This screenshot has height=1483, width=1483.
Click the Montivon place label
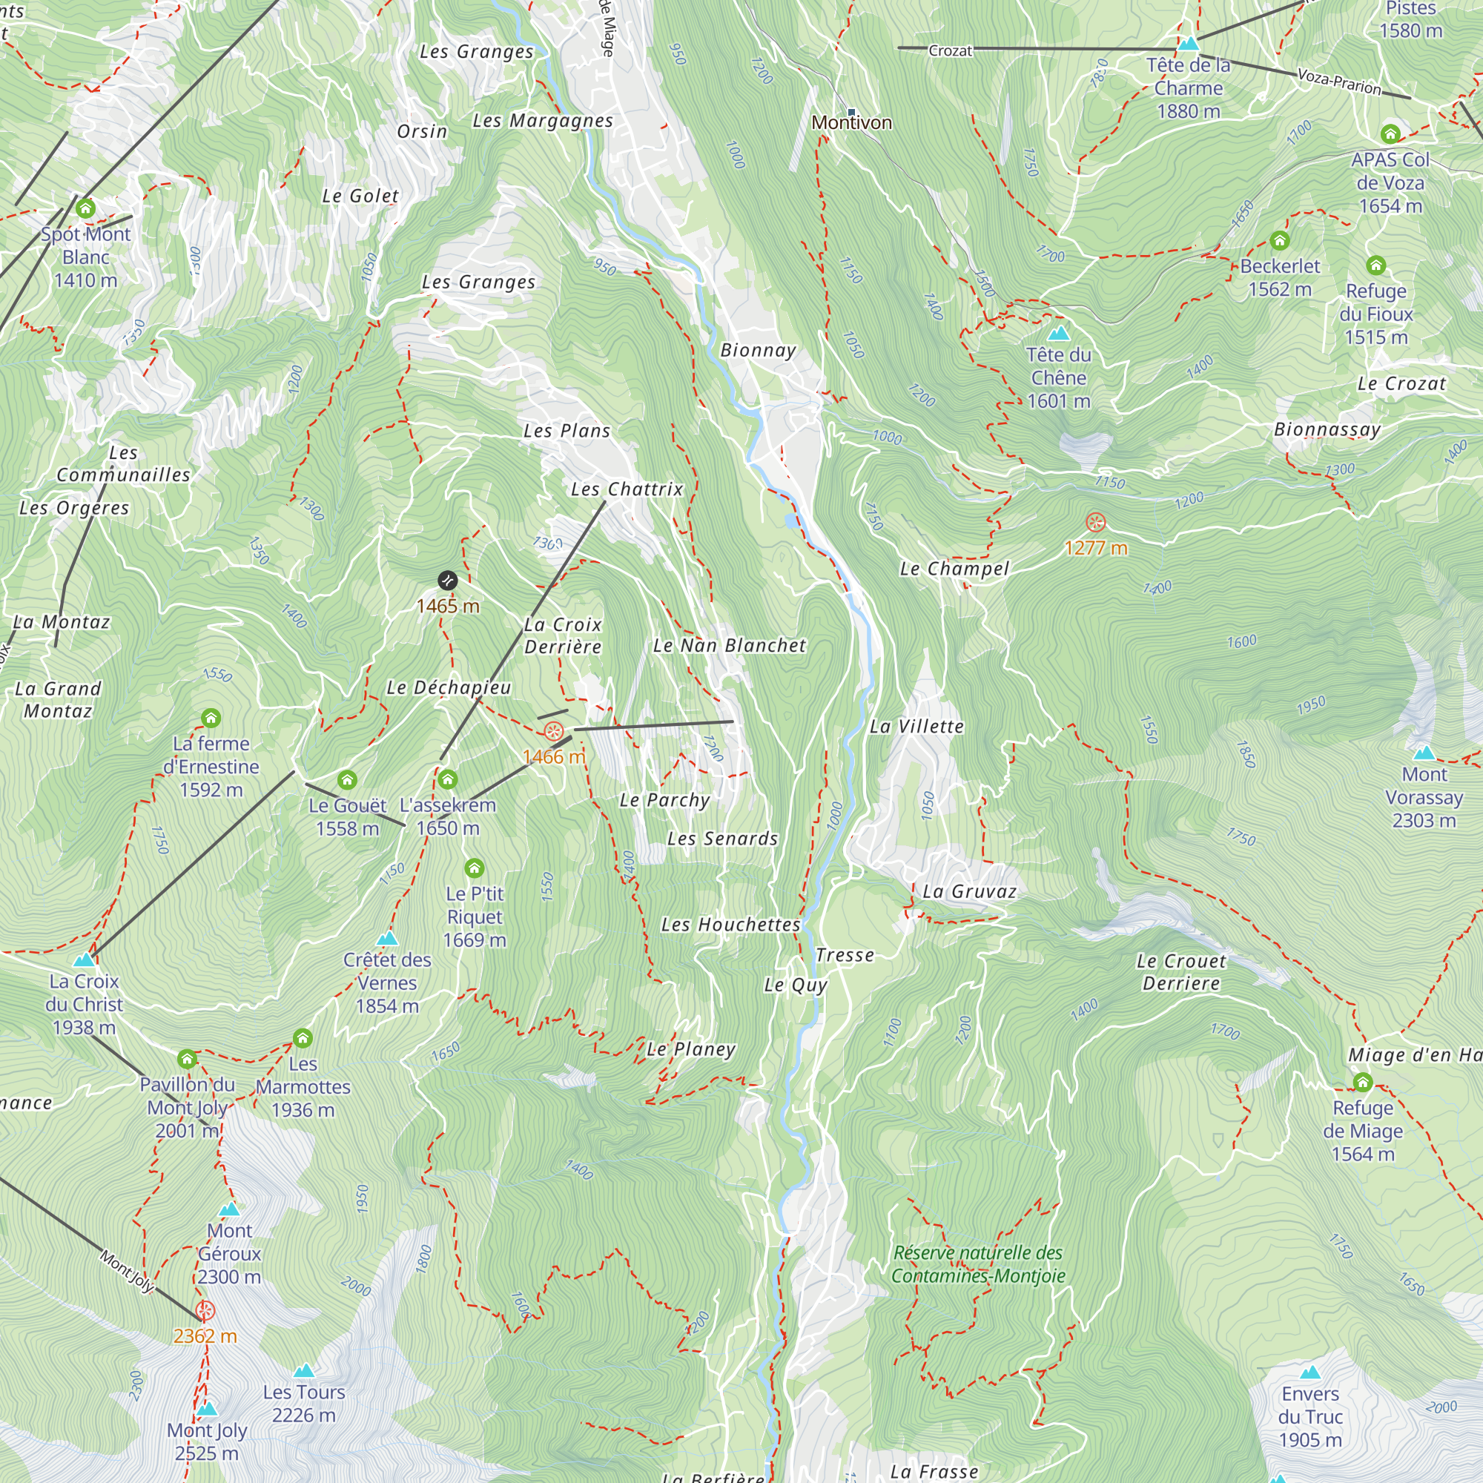pos(851,122)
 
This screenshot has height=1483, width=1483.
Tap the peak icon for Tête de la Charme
pos(1187,44)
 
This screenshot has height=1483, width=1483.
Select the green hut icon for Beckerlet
pos(1279,241)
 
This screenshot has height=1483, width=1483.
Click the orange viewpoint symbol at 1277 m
pos(1095,523)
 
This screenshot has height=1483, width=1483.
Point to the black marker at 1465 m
pos(448,581)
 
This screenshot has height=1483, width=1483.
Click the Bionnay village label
pos(758,350)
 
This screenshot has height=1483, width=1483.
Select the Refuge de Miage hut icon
pos(1362,1083)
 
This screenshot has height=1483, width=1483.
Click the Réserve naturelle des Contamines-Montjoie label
pos(978,1264)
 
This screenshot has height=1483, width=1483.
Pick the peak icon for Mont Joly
pos(206,1410)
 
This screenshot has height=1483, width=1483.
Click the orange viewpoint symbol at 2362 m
pos(205,1310)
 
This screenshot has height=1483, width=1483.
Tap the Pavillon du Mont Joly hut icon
pos(188,1060)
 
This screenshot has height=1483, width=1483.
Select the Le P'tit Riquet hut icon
pos(475,868)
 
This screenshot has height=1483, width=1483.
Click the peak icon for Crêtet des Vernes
pos(388,938)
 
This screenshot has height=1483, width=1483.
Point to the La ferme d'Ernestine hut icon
pos(211,718)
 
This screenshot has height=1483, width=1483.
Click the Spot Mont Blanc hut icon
pos(85,208)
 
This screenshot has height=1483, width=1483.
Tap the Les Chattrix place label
pos(627,489)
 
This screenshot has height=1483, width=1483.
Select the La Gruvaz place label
pos(969,891)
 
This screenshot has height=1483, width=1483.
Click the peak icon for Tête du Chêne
pos(1059,333)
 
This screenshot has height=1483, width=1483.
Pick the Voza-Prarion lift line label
pos(1338,82)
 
